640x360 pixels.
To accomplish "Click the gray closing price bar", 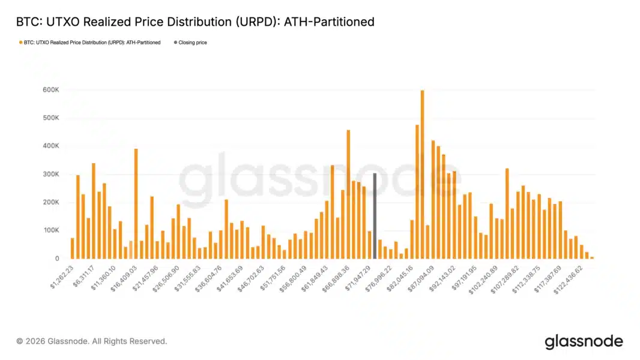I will click(x=375, y=216).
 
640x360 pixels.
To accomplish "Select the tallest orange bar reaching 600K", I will click(x=423, y=174).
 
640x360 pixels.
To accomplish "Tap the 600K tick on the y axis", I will click(x=50, y=90).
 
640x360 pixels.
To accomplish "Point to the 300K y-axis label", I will click(x=50, y=174).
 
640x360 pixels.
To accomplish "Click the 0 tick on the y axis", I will click(x=56, y=259).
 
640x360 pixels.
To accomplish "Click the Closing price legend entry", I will click(x=192, y=43).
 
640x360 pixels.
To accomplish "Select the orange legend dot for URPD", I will click(x=21, y=43).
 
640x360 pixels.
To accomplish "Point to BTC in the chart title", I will click(x=26, y=22).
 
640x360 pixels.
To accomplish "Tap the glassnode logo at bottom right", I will click(x=584, y=341).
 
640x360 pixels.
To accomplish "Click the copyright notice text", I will click(x=92, y=341).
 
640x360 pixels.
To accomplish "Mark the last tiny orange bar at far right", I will click(x=592, y=257).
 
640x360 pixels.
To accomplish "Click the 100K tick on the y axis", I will click(x=50, y=230).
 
